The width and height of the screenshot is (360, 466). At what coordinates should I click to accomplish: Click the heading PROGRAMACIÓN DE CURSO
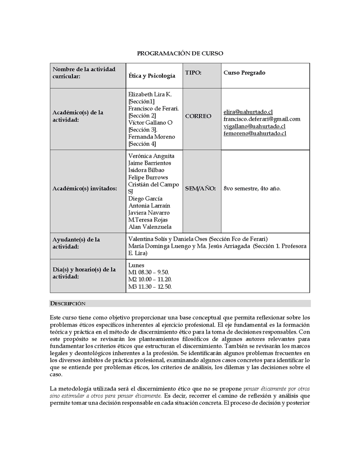click(180, 54)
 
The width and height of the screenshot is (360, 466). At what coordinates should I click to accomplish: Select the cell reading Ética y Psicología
click(152, 76)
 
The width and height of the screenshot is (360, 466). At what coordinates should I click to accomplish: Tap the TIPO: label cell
click(193, 72)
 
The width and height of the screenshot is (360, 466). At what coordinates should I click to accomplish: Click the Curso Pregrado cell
click(244, 72)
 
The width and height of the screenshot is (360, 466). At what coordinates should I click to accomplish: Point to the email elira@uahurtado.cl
click(248, 112)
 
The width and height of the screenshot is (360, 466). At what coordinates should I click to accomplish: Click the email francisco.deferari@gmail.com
click(261, 119)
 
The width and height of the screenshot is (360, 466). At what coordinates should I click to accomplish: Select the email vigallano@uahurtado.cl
click(254, 126)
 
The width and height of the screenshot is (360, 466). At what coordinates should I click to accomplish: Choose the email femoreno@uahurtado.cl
click(255, 133)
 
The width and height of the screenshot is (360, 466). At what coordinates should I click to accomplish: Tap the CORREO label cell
click(198, 116)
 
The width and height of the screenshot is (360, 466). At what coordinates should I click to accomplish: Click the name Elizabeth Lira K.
click(150, 94)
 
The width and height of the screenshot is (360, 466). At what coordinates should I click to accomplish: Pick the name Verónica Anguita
click(151, 156)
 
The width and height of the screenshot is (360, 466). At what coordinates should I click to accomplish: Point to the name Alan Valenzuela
click(150, 227)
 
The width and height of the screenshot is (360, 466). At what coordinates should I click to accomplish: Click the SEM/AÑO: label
click(200, 188)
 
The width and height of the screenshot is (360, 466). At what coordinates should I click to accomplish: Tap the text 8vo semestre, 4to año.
click(252, 188)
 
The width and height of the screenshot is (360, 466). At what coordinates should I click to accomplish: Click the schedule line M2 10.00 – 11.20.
click(150, 279)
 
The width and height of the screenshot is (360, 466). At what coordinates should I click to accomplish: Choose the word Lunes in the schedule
click(136, 265)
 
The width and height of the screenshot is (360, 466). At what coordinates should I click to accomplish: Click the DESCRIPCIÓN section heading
click(67, 303)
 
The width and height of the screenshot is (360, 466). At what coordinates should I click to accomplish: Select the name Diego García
click(145, 199)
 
